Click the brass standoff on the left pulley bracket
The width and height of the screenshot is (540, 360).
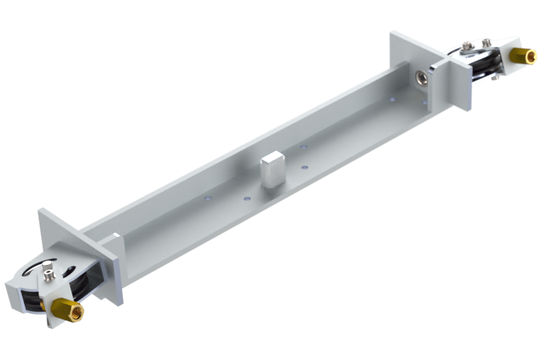(x=66, y=310)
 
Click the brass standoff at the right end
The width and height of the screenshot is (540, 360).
(x=523, y=56)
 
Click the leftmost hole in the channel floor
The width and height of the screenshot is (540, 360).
(x=207, y=197)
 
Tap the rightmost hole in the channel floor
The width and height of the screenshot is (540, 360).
(x=424, y=103)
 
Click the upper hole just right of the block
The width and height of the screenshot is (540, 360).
(x=303, y=146)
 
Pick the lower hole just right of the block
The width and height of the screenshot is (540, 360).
(x=305, y=167)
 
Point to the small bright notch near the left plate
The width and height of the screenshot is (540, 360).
(x=114, y=234)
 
